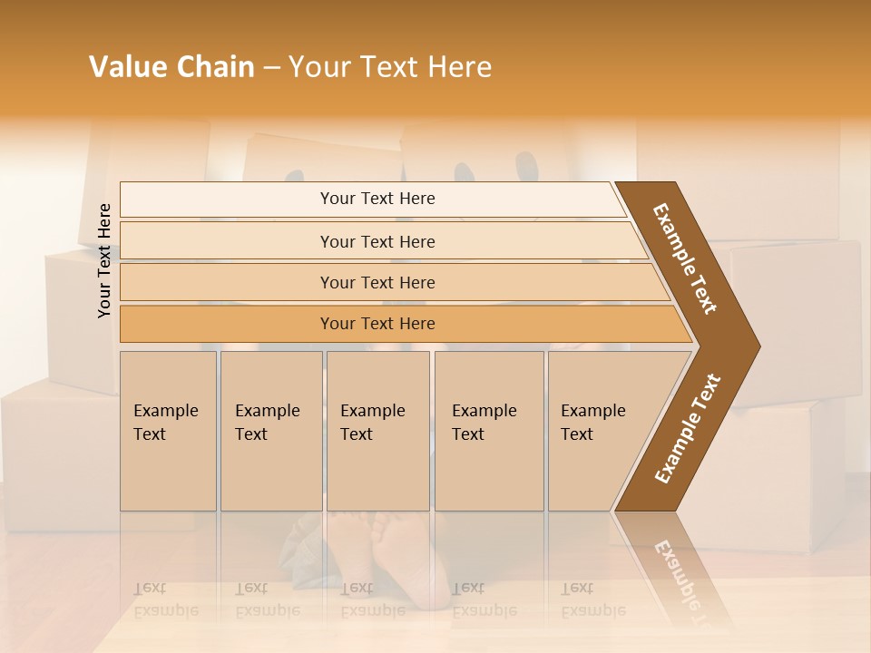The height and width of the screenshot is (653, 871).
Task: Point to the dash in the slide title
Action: coord(271,68)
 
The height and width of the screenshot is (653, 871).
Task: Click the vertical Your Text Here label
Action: coord(104,260)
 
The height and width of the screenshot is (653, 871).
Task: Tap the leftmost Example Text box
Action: coord(168,431)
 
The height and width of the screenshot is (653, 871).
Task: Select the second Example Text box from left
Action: coord(270,431)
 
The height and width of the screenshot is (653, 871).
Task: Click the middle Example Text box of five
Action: coord(377,431)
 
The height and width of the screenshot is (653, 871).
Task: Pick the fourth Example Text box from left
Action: coord(488,431)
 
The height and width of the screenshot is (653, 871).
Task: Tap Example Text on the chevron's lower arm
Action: coord(688,429)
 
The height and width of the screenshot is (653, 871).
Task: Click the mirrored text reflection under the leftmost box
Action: coord(165,599)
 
